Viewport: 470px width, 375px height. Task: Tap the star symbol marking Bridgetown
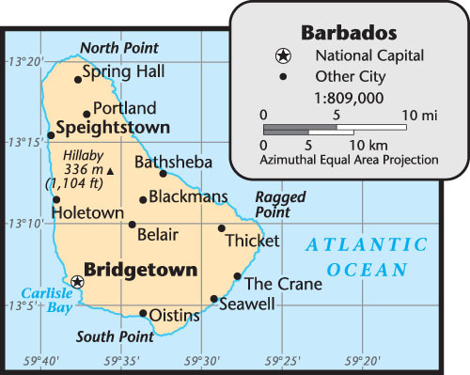tap(77, 281)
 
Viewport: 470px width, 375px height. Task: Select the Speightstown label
tap(113, 127)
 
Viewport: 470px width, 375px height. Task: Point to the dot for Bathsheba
tap(163, 173)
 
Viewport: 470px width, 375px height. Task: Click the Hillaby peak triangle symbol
tap(110, 171)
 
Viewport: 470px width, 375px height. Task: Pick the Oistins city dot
tap(143, 313)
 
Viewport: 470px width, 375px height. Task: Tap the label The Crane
tap(283, 284)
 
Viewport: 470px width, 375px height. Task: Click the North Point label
tap(118, 47)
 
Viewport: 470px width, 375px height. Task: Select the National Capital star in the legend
tap(282, 57)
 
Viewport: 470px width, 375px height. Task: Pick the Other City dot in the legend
tap(283, 76)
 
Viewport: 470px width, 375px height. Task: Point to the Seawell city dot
tap(214, 299)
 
